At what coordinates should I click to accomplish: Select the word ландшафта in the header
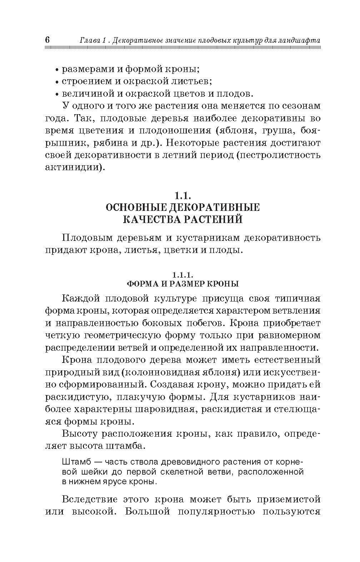[x=300, y=41]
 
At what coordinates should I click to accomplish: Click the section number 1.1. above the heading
[x=182, y=195]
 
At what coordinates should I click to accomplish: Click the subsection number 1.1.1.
[x=182, y=275]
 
